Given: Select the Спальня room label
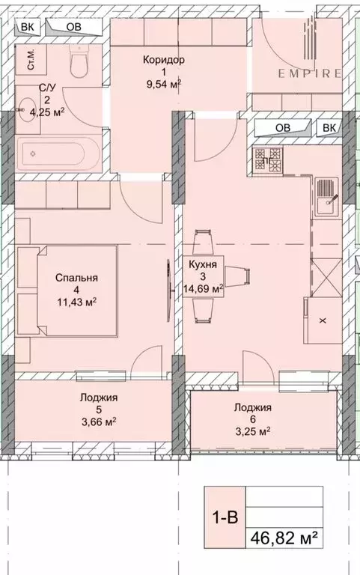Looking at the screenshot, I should [x=76, y=278].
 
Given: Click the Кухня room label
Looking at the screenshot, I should [x=203, y=264].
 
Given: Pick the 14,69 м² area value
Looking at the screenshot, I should [x=206, y=288].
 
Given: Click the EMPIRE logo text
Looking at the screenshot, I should [x=310, y=73].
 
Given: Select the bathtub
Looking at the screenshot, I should [x=52, y=153].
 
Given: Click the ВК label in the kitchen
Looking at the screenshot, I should [x=329, y=128].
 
